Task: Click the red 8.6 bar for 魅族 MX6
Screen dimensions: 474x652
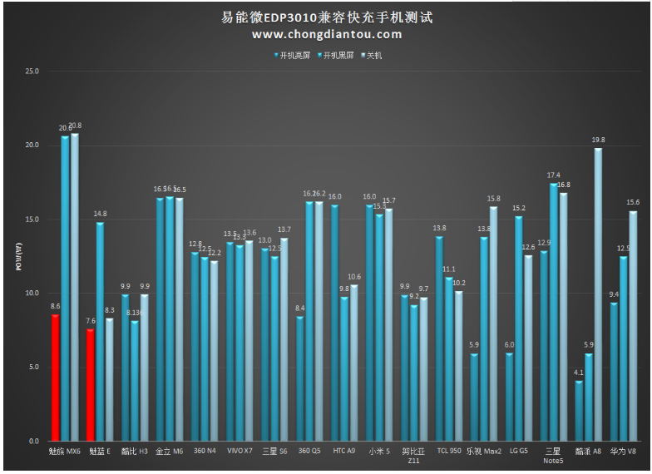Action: coord(56,377)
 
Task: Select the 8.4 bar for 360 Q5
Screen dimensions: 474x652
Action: coord(300,378)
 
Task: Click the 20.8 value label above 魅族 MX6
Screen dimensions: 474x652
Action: coord(76,126)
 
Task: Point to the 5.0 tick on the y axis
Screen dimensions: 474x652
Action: coord(33,367)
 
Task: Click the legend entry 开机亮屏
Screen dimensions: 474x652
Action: coord(292,56)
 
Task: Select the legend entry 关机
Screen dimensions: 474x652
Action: coord(372,56)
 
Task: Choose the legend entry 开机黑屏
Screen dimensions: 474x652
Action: coord(336,56)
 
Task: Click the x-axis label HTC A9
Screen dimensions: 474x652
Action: coord(343,451)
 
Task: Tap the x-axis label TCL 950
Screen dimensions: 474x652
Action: coord(448,451)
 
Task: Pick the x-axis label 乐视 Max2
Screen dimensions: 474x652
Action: coord(484,451)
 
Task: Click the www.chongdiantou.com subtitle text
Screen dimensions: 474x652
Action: coord(327,34)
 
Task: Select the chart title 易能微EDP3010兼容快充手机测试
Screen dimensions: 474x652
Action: coord(327,17)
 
